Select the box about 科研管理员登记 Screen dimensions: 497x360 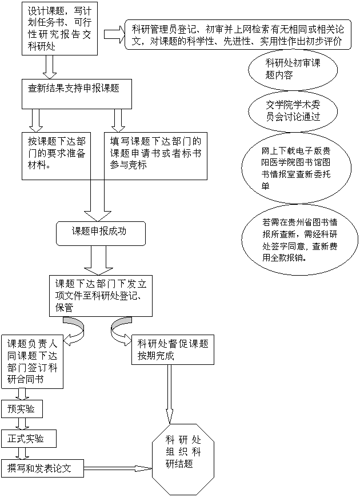click(x=238, y=35)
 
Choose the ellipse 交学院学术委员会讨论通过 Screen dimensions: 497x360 click(x=293, y=110)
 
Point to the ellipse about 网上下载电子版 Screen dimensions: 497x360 click(x=295, y=169)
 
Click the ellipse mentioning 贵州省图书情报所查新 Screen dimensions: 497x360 click(x=299, y=239)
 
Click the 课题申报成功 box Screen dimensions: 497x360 click(x=100, y=232)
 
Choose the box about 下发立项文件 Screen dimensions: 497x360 click(x=103, y=295)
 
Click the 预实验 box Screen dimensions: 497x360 click(x=22, y=409)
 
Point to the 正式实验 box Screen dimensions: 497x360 click(x=29, y=439)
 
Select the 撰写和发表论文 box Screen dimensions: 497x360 click(x=42, y=468)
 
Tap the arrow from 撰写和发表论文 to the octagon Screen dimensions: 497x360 click(x=118, y=468)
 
